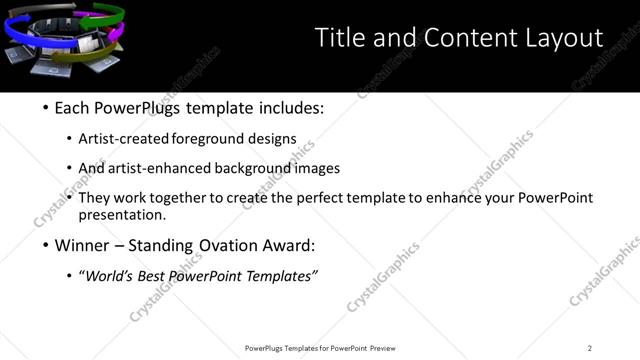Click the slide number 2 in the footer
tap(590, 348)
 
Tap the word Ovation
tap(233, 245)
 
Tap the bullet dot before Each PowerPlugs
tap(46, 109)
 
